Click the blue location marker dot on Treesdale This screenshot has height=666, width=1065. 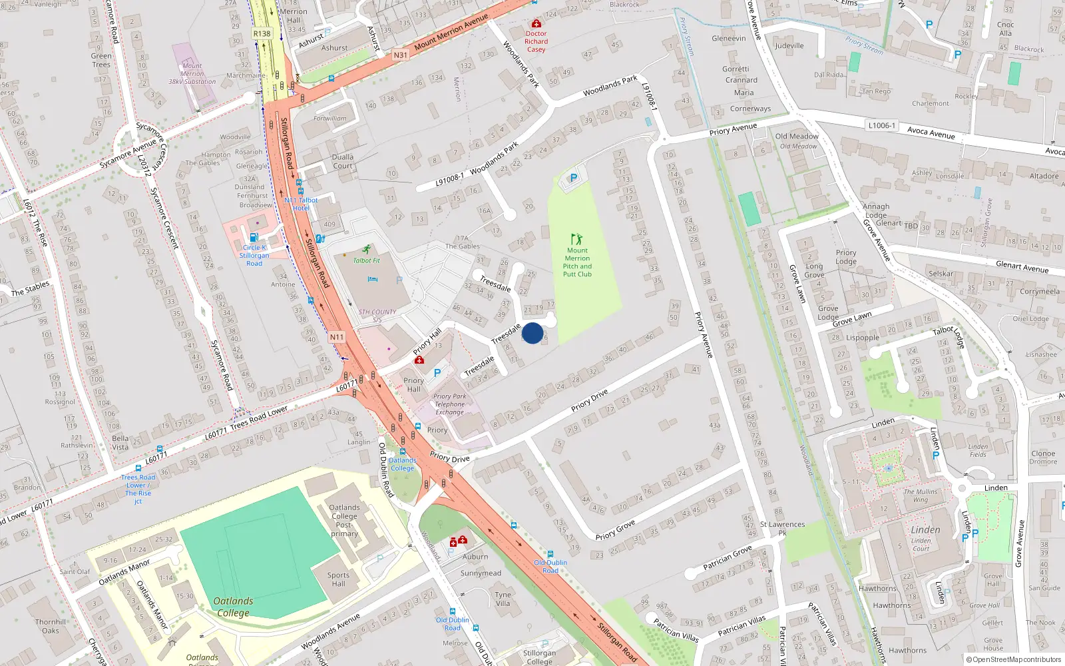(x=532, y=333)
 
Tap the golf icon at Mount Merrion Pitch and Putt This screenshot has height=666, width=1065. (x=576, y=238)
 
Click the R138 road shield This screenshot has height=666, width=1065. (x=262, y=33)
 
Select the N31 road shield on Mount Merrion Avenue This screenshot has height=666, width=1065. (x=400, y=55)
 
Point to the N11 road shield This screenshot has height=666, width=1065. (x=337, y=337)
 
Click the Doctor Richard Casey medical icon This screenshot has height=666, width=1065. (x=536, y=24)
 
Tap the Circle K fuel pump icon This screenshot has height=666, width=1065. (x=254, y=237)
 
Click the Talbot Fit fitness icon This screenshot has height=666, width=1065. (x=367, y=249)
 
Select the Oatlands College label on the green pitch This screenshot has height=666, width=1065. (x=233, y=607)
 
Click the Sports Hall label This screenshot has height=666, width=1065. (x=338, y=579)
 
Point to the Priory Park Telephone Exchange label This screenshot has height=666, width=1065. (x=450, y=404)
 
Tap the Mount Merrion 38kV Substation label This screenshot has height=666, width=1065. (x=192, y=73)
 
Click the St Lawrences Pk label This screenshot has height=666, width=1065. (x=782, y=528)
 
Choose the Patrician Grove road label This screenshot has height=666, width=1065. (x=728, y=557)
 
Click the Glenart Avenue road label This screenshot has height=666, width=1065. (x=1022, y=267)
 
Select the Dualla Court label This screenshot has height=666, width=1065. (x=343, y=161)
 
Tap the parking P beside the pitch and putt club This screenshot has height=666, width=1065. (x=574, y=178)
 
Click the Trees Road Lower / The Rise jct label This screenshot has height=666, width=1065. (x=138, y=489)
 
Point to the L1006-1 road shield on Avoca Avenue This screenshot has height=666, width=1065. (x=881, y=125)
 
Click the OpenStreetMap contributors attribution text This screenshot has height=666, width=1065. (x=1016, y=659)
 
